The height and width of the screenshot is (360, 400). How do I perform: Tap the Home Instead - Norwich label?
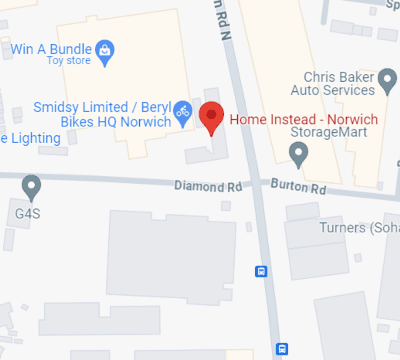(x=304, y=119)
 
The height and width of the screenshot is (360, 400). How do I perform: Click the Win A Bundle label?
(x=51, y=49)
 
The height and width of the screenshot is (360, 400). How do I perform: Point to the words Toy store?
(x=68, y=61)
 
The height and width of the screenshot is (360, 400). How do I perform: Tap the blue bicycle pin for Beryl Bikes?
(x=183, y=112)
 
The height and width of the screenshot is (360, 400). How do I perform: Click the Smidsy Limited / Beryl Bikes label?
(x=102, y=114)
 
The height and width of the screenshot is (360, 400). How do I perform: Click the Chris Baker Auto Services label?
(x=333, y=84)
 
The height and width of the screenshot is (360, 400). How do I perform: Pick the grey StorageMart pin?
(x=298, y=154)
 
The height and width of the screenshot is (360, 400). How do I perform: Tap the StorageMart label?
(x=329, y=132)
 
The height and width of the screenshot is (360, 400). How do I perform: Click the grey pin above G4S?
(x=31, y=186)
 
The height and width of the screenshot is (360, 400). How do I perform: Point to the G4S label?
(x=28, y=214)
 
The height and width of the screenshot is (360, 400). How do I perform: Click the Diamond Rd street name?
(x=208, y=186)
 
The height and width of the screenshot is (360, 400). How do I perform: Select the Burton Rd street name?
(x=298, y=186)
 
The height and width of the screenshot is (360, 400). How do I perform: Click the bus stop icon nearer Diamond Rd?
(x=261, y=272)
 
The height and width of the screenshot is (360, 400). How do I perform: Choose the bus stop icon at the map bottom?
(x=282, y=348)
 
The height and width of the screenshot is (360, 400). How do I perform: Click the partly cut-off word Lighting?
(x=32, y=138)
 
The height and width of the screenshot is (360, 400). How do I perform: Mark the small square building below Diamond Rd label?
(x=226, y=206)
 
